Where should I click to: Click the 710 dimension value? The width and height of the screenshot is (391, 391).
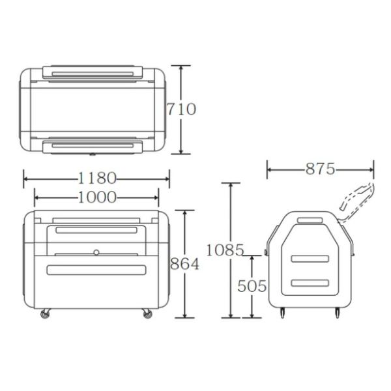(x=181, y=109)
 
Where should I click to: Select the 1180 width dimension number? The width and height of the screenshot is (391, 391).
(x=96, y=177)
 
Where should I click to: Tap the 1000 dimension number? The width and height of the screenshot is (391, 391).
(x=96, y=197)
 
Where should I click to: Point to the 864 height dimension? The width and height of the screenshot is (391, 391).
(x=184, y=264)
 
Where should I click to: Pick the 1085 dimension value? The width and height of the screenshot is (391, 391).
(x=225, y=249)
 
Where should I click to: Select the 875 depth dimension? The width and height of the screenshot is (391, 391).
(x=320, y=169)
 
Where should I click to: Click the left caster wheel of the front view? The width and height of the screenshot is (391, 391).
(x=45, y=314)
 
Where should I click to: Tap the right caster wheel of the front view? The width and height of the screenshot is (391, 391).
(x=147, y=314)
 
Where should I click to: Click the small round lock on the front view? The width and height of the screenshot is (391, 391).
(x=96, y=252)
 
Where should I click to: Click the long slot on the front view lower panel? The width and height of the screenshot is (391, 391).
(x=96, y=269)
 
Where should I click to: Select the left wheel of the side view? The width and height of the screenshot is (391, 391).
(x=282, y=314)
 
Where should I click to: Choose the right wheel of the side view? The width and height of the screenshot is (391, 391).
(x=338, y=314)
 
